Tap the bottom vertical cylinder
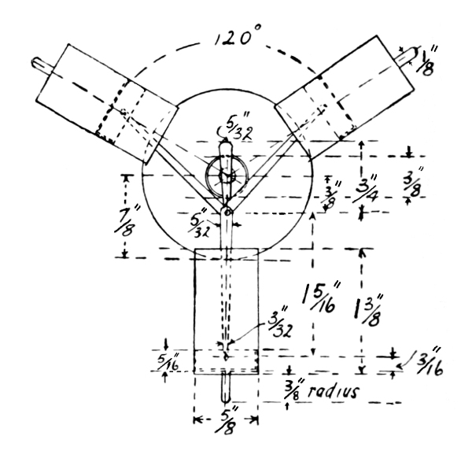[226, 310]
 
